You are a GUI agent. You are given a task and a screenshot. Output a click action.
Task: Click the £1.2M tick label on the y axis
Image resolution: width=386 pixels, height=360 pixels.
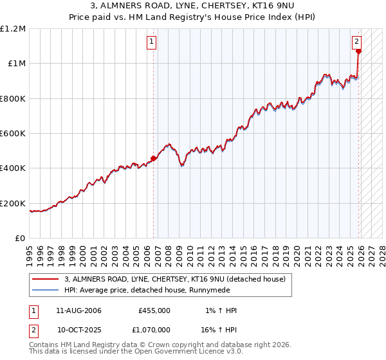tap(13, 29)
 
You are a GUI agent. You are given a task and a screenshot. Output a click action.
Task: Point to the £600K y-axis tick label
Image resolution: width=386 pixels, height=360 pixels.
tap(13, 134)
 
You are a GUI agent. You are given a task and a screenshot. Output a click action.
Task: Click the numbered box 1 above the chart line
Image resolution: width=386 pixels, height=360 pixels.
tap(152, 42)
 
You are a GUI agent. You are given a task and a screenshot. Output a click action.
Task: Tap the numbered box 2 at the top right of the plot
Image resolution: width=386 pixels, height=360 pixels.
tap(357, 42)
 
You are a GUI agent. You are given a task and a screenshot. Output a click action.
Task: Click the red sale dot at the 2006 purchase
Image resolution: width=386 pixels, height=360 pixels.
tap(153, 158)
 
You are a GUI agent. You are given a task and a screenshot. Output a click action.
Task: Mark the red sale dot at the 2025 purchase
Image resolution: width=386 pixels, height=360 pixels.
tap(359, 51)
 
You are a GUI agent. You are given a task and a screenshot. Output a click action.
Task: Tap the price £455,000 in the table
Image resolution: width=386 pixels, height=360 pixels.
tap(154, 310)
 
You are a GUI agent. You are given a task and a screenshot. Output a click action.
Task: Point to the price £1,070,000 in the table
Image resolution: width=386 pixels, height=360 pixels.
tap(151, 330)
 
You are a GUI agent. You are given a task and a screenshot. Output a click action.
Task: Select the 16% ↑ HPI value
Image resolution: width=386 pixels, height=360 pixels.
tap(218, 330)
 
